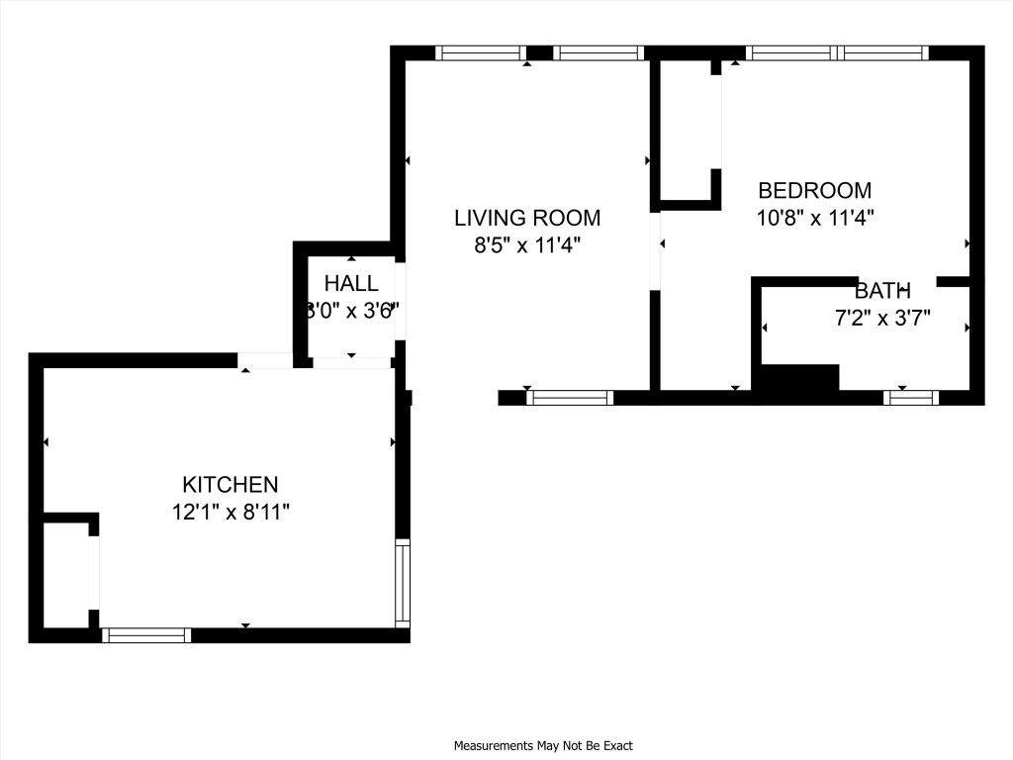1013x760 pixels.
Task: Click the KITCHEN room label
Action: tap(230, 485)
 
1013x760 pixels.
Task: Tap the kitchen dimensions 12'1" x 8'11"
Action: tap(230, 513)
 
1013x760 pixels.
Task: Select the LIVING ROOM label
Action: tap(526, 218)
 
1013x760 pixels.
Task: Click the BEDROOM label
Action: tap(814, 190)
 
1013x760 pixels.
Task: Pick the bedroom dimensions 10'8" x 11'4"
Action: tap(814, 218)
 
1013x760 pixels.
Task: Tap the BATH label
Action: tap(882, 291)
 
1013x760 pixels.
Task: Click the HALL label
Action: tap(351, 284)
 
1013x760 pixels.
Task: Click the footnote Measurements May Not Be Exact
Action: tap(543, 745)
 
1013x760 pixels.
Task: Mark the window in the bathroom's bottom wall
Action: tap(910, 398)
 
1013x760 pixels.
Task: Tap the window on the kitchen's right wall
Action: tap(403, 583)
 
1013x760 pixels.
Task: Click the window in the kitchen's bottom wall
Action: tap(146, 635)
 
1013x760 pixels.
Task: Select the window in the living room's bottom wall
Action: tap(570, 398)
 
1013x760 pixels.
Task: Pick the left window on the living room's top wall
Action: tap(481, 53)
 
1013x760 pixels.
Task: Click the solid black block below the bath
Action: tap(796, 380)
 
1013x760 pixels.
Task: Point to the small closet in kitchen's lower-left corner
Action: tap(67, 574)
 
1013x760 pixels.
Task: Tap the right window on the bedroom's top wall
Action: tap(883, 53)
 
